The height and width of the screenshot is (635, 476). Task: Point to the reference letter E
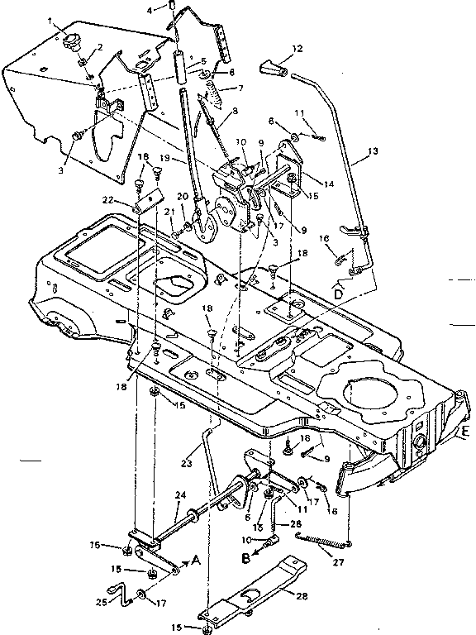coord(465,432)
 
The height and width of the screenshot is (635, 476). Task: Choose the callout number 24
coord(179,496)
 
